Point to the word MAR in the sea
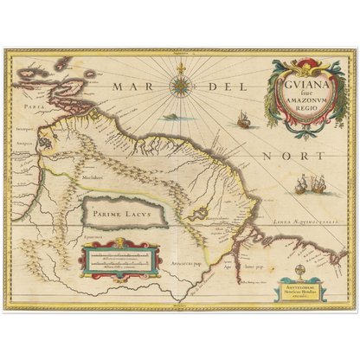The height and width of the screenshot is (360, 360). click(131, 87)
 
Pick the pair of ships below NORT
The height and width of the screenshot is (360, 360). click(307, 183)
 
